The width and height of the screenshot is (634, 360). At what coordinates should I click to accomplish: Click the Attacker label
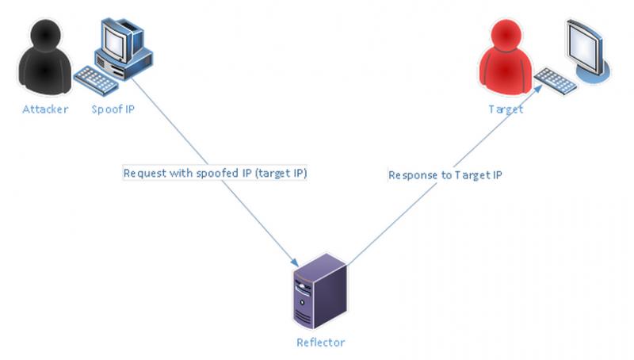pos(45,109)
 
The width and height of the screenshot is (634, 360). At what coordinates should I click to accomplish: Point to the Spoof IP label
pos(113,109)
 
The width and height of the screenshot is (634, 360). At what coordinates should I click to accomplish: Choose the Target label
pos(505,109)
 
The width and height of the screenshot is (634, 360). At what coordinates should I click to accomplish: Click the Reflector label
pos(320,343)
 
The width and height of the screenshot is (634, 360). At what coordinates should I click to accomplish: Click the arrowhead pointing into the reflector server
pos(296,262)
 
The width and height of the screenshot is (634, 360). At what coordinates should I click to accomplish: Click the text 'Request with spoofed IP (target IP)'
pos(214,174)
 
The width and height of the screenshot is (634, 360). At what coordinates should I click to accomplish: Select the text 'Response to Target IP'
pos(445,174)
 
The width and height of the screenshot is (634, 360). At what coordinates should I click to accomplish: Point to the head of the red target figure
pos(505,35)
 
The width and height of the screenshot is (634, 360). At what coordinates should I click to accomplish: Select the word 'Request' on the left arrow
pos(144,174)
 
